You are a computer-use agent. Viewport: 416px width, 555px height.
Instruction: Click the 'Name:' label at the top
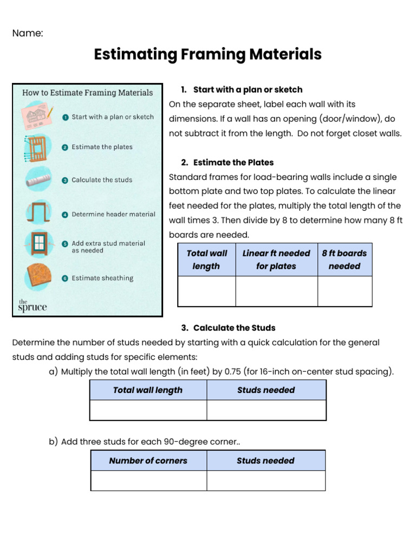[28, 34]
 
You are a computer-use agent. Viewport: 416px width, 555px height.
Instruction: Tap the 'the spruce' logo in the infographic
[32, 306]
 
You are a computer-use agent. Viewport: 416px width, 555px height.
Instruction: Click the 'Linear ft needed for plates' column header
[276, 260]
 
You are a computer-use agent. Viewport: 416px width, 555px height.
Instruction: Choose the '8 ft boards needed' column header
[344, 260]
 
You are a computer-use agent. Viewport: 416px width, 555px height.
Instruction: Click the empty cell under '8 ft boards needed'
[344, 291]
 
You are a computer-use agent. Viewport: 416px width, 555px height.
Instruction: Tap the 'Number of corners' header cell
[148, 461]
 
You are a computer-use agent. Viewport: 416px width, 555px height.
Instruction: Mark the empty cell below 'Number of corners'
[148, 481]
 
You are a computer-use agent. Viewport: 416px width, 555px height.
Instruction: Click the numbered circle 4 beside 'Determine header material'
[65, 215]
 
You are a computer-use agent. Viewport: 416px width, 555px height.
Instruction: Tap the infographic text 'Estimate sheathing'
[102, 278]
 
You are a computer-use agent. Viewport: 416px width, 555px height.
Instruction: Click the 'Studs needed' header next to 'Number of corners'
[265, 461]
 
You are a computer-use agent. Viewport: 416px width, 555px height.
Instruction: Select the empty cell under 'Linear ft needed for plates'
[276, 291]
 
